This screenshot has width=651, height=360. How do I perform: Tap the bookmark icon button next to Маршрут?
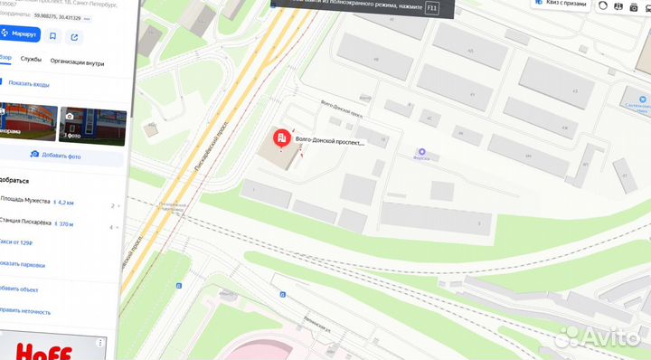pyautogui.click(x=52, y=36)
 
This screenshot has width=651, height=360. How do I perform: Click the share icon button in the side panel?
pyautogui.click(x=74, y=36)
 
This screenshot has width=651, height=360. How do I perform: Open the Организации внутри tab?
pyautogui.click(x=77, y=63)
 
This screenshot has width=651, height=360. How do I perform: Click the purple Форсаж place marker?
pyautogui.click(x=421, y=151)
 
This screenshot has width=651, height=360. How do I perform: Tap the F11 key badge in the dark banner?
pyautogui.click(x=431, y=7)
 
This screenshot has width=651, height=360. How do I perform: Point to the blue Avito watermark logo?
pyautogui.click(x=598, y=337)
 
